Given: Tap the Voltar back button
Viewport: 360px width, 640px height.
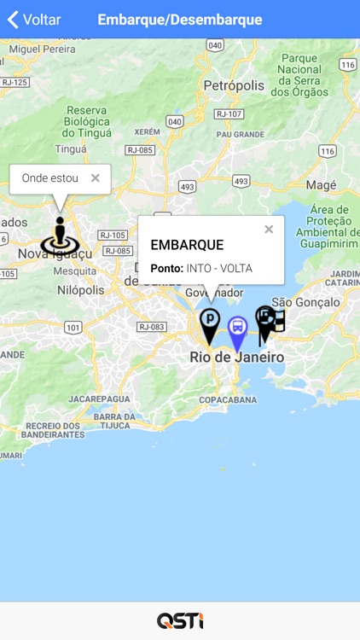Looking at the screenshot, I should (34, 20).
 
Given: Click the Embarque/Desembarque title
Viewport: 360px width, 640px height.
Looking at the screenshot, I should (180, 20).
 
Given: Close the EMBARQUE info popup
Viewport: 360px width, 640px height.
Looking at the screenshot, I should (269, 230).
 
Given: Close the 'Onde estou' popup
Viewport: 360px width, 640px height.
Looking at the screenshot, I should (96, 178).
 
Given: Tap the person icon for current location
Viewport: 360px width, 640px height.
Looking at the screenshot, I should (59, 236).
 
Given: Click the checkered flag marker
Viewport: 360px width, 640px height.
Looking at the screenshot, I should (270, 322).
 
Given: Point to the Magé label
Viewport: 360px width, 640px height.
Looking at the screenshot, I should (321, 185).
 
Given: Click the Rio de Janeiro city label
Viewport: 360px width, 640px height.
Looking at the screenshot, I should (236, 358).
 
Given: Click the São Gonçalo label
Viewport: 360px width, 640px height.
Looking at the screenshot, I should (305, 302).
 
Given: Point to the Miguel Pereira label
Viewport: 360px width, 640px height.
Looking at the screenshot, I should (42, 49).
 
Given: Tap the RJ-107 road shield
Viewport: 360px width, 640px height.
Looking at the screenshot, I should (229, 113).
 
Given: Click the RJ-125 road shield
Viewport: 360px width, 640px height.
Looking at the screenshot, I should (15, 82).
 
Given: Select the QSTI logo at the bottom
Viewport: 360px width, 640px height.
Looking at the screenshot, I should (180, 620).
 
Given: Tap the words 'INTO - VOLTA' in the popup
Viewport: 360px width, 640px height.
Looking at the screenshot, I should (219, 268).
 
